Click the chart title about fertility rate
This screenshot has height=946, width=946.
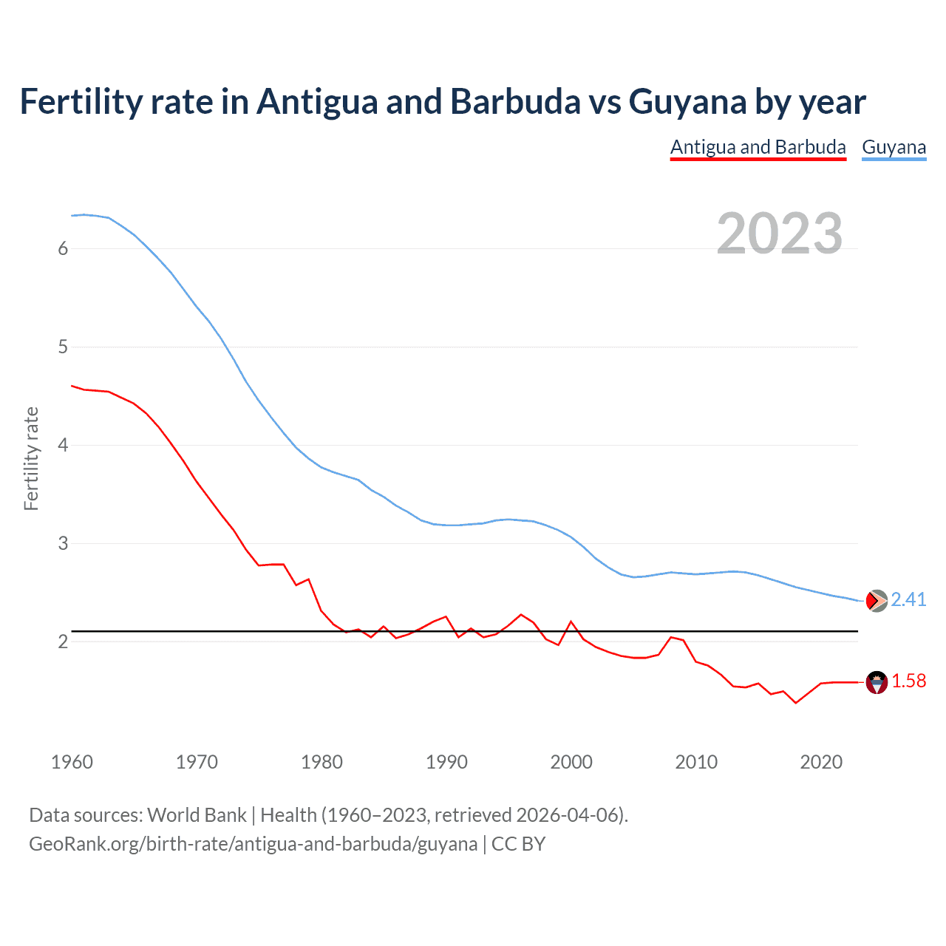coord(442,102)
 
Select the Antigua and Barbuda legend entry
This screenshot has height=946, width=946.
coord(758,147)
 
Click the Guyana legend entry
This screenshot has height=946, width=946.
coord(894,147)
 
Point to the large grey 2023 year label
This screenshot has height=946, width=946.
coord(779,234)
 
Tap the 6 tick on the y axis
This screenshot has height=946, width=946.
coord(63,249)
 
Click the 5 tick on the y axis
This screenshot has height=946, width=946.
coord(63,347)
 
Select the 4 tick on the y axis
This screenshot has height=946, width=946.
coord(63,446)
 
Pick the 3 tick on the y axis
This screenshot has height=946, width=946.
coord(63,544)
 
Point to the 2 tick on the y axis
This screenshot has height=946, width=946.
coord(63,642)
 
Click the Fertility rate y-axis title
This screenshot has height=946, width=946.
coord(31,458)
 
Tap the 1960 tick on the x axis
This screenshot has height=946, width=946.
coord(72,762)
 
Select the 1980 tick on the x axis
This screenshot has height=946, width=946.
coord(321,762)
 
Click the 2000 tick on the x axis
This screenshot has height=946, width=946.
coord(571,762)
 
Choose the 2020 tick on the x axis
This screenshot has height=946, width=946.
coord(821,762)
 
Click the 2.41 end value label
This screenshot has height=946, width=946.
coord(908,599)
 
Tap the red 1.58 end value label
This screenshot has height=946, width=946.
coord(908,681)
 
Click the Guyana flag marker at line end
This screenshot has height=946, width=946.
coord(877,601)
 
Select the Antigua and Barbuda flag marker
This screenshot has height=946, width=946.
coord(877,682)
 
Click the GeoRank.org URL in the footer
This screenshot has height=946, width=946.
coord(253,844)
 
